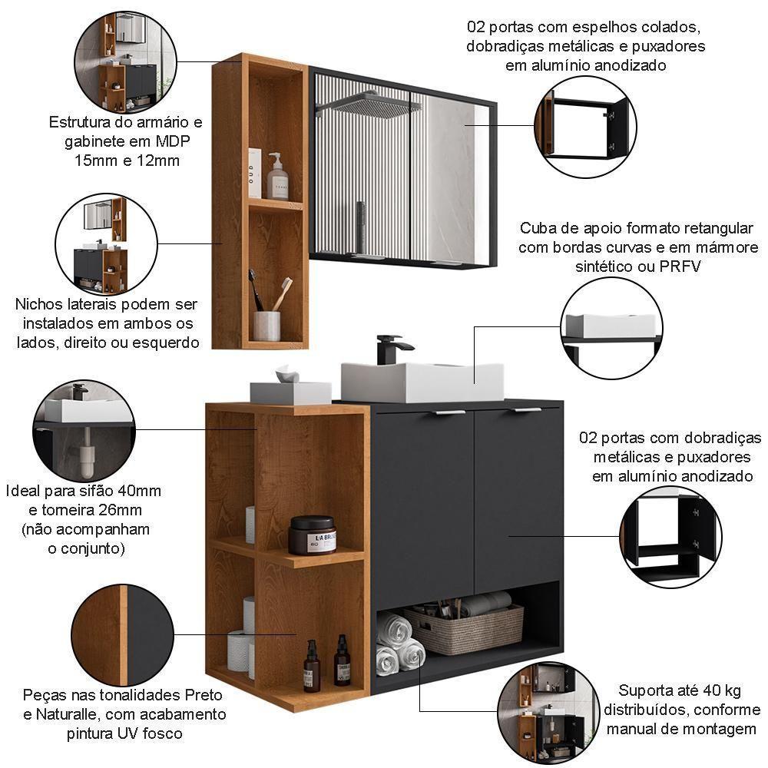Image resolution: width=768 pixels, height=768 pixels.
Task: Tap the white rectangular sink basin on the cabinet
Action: tap(422, 382)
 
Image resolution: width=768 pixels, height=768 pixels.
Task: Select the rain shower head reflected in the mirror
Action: tap(372, 103)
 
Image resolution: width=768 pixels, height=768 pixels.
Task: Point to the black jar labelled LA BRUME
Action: tap(312, 535)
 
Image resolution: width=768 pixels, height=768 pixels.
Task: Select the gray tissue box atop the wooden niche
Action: tap(290, 391)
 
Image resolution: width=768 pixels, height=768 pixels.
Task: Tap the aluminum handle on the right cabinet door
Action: tap(528, 410)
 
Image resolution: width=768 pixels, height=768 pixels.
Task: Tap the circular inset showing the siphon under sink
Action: tap(84, 431)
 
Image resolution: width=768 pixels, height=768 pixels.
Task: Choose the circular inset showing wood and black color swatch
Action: tap(122, 634)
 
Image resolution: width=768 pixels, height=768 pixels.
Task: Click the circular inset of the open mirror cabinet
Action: tap(585, 126)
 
